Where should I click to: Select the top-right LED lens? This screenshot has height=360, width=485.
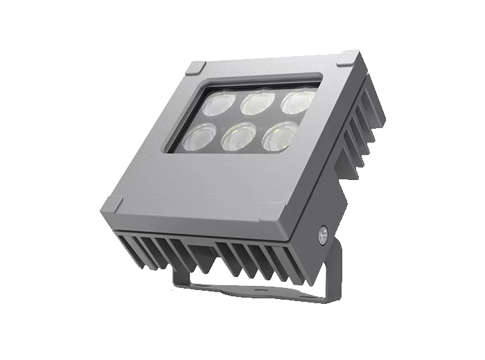tap(296, 99)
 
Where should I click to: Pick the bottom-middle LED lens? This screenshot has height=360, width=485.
tap(236, 136)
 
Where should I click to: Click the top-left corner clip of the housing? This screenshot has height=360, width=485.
tap(195, 68)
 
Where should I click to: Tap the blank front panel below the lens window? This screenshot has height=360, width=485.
tap(201, 183)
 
